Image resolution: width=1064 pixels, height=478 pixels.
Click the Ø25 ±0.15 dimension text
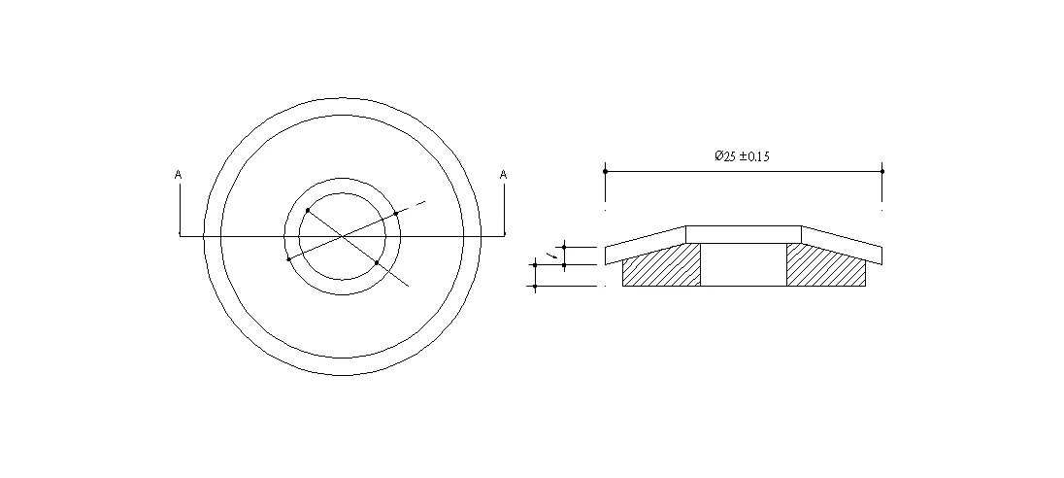point(742,156)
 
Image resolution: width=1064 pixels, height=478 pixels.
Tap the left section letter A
point(178,175)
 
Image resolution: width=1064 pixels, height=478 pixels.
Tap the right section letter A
point(503,175)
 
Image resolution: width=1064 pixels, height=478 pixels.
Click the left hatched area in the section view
point(660,267)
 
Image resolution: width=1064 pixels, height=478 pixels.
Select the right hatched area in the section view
point(825,267)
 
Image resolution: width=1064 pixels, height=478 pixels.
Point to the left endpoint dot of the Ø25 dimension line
point(606,171)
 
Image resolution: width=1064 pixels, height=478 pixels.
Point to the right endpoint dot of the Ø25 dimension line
point(882,171)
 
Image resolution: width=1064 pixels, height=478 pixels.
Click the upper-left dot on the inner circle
point(308,210)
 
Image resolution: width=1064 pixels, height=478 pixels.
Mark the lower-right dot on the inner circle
point(377,262)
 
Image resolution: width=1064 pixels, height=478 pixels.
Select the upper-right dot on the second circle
point(396,213)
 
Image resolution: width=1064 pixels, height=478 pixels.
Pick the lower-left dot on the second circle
point(288,258)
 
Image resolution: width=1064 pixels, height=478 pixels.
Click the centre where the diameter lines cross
point(342,235)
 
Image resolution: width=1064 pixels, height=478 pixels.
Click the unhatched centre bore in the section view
point(743,264)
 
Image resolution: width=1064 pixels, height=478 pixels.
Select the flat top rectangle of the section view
point(743,234)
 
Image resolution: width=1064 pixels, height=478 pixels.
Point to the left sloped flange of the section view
point(645,245)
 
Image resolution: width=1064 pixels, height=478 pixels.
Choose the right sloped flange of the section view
point(842,245)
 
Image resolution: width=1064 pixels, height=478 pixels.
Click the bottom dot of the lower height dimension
point(535,287)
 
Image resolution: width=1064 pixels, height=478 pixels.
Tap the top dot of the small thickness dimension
point(564,247)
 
